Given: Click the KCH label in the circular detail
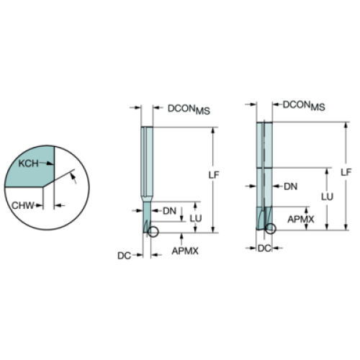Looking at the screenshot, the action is coord(28,163).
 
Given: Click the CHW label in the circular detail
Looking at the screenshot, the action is coord(23,205).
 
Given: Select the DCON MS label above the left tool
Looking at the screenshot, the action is coord(189,109).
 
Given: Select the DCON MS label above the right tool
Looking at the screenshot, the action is coord(304,106).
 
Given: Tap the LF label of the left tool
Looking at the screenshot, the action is coord(214,175).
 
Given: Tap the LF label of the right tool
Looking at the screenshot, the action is coord(346,172).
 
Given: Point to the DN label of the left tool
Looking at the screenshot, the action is coord(169,211).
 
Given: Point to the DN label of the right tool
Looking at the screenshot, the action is coord(291,186).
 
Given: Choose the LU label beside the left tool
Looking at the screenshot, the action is coord(196,218).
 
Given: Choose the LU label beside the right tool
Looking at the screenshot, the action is coord(328,197).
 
